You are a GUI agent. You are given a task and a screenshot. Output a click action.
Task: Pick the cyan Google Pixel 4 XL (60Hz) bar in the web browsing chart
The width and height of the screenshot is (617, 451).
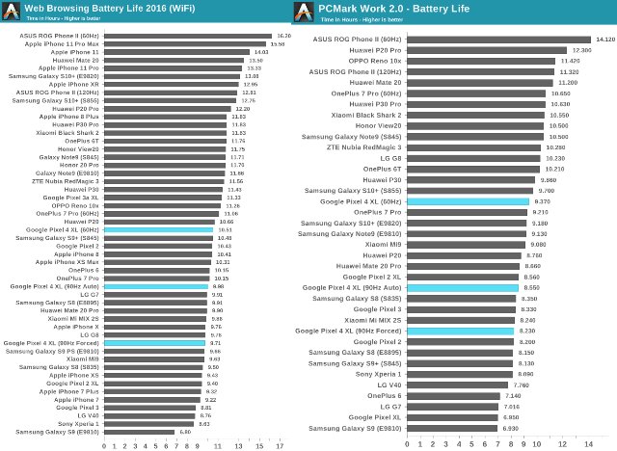(158, 230)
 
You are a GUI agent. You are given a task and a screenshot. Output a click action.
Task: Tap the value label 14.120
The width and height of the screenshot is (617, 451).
(604, 40)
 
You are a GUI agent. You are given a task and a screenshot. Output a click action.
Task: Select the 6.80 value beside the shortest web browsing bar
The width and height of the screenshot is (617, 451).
(184, 432)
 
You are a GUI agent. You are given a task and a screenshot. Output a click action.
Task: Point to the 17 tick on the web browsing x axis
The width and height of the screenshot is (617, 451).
(280, 446)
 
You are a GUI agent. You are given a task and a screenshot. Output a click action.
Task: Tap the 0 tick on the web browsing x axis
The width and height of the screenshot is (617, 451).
(105, 446)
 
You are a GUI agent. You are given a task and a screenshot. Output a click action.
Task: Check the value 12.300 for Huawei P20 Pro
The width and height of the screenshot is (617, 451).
(580, 50)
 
